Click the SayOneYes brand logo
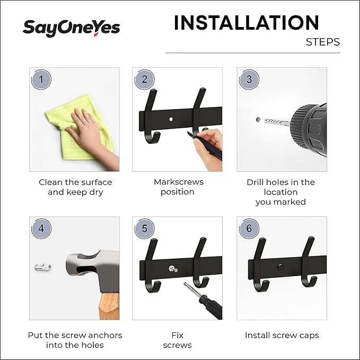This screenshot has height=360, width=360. (71, 28)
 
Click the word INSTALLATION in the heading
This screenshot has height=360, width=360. (246, 23)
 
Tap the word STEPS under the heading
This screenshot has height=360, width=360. (322, 42)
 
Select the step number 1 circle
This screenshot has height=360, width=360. (42, 80)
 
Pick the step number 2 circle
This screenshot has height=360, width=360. (144, 80)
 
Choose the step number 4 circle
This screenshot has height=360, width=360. (42, 229)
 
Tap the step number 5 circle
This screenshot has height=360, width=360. (144, 229)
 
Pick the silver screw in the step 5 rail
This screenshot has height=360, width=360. (172, 269)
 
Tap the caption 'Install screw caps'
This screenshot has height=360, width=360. (282, 335)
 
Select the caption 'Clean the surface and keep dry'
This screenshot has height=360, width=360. (75, 187)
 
